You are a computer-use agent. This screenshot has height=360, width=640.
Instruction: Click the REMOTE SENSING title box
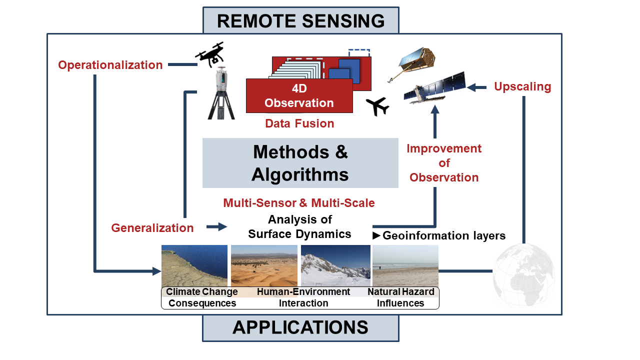(300, 20)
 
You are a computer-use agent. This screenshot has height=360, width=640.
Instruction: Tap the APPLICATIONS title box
(300, 327)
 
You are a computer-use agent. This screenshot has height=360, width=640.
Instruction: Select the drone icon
(209, 54)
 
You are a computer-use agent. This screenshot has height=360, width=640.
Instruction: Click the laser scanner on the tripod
(220, 94)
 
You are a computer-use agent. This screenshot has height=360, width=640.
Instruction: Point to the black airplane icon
(377, 106)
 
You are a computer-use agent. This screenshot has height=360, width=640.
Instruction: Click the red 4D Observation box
(299, 96)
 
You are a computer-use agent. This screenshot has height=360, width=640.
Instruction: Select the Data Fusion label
(299, 123)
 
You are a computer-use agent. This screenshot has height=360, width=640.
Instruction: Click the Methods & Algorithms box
(300, 163)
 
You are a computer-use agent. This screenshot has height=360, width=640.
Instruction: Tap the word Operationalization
(110, 65)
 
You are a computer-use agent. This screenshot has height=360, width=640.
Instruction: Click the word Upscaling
(522, 86)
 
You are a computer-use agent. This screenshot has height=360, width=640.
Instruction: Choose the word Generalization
(152, 228)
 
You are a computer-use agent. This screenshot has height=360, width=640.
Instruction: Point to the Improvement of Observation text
(444, 163)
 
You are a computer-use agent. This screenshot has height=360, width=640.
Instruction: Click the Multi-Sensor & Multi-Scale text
(299, 203)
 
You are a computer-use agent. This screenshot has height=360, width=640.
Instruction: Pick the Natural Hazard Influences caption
(400, 297)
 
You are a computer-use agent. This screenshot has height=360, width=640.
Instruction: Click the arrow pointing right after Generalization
(216, 227)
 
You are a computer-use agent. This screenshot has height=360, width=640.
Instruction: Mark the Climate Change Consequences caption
(202, 297)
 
